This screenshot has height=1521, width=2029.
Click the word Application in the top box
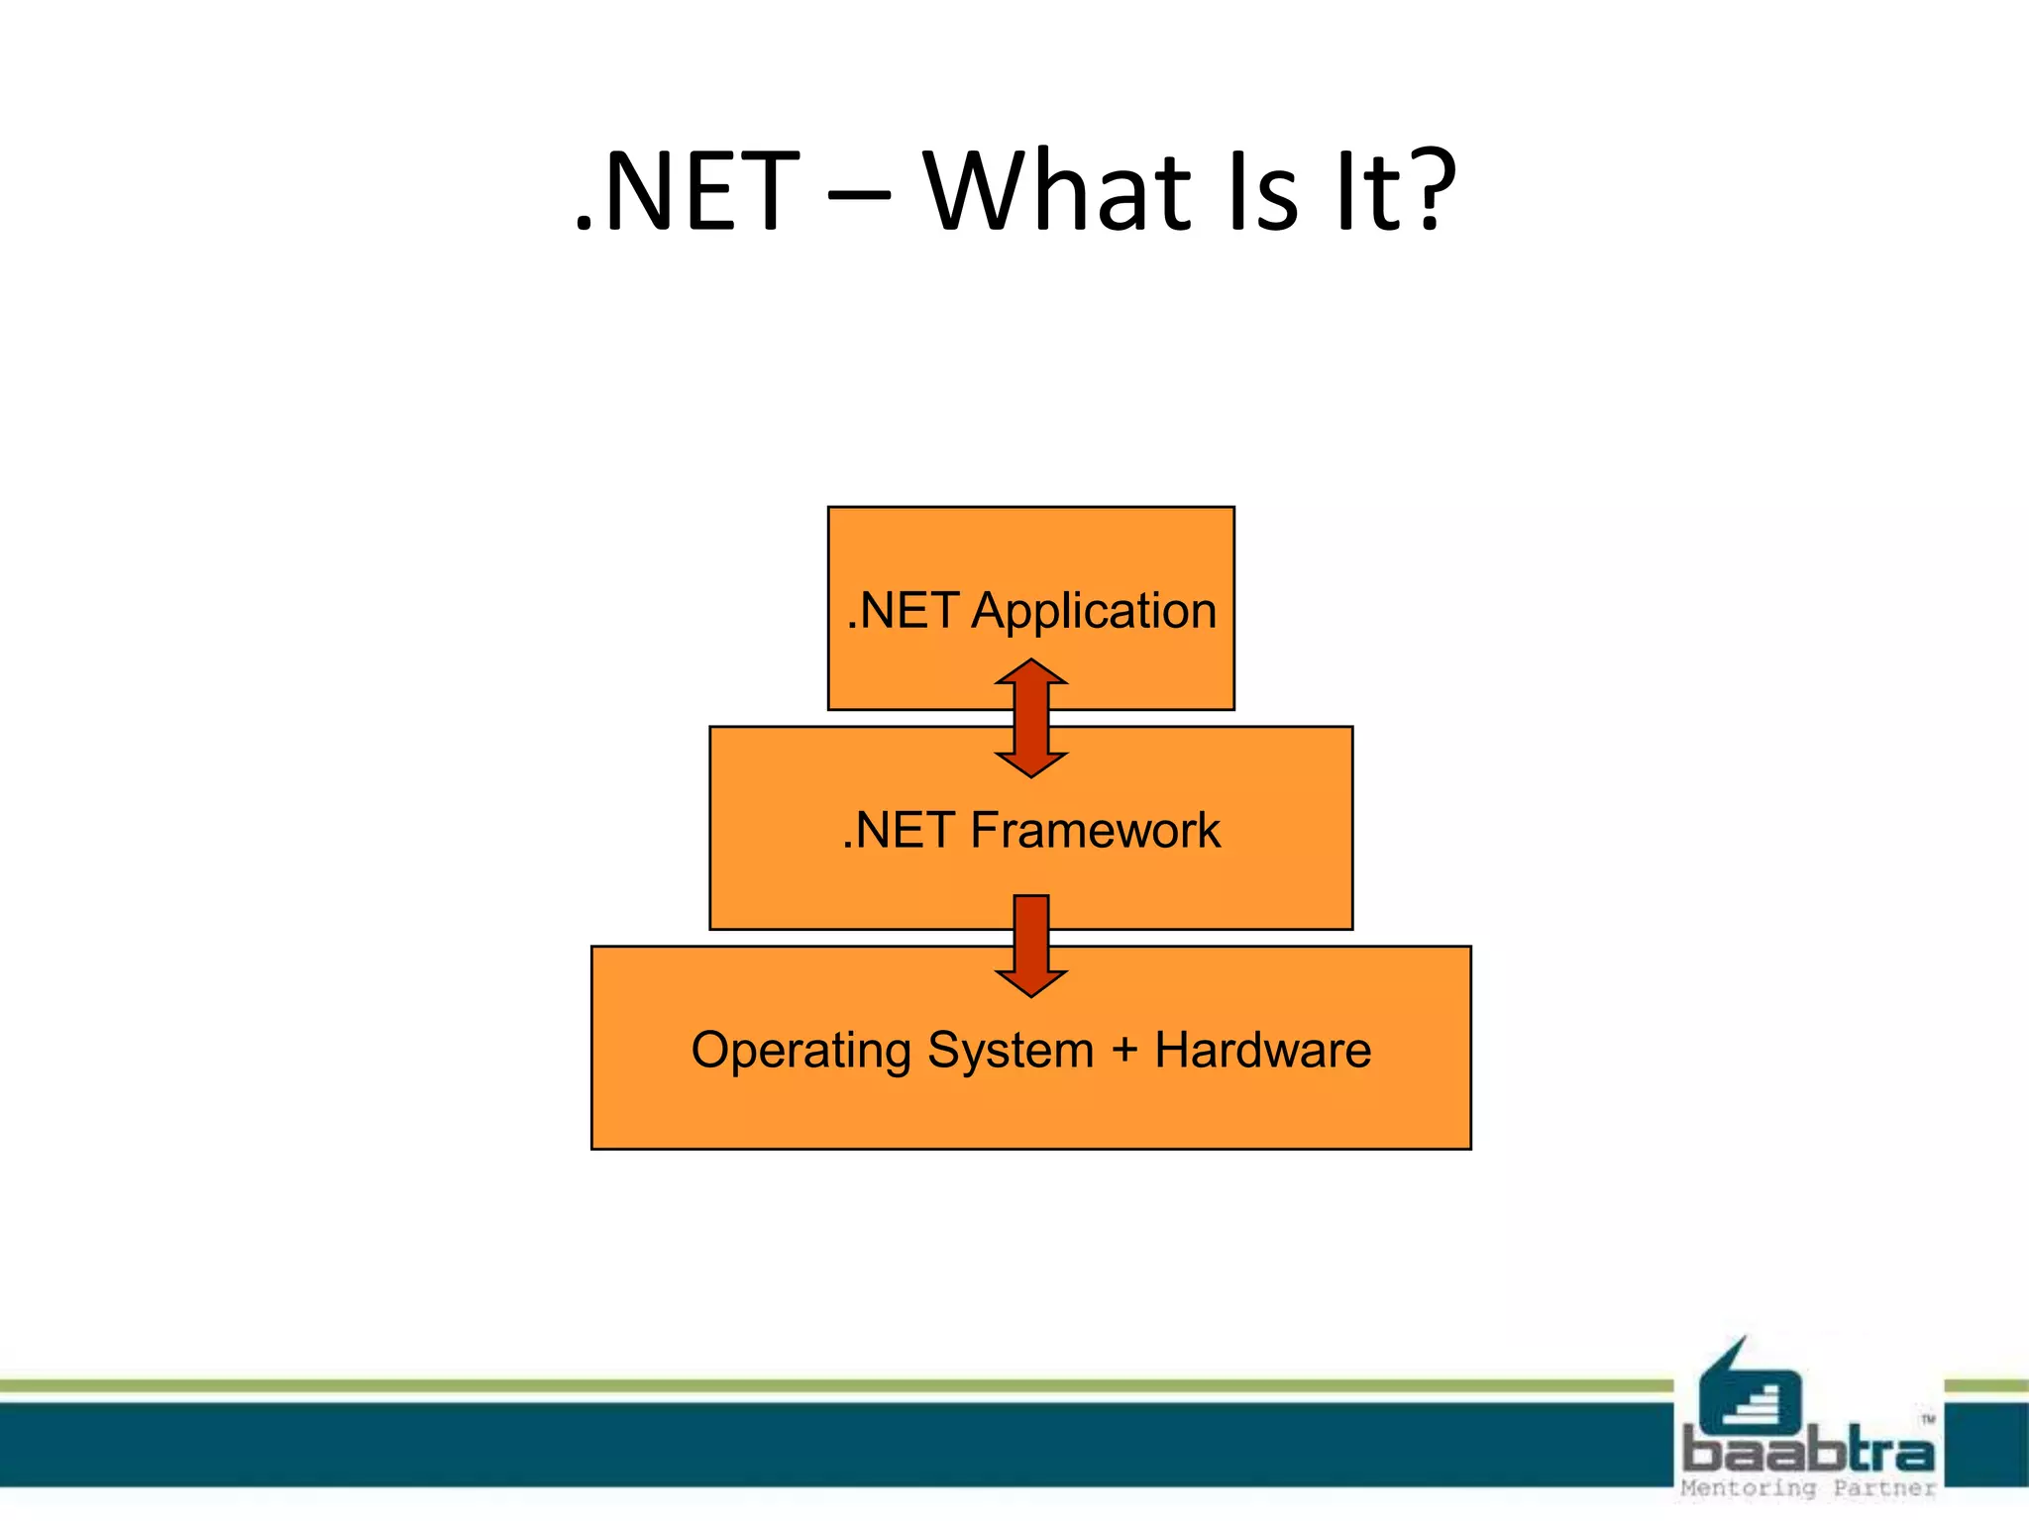pyautogui.click(x=1094, y=611)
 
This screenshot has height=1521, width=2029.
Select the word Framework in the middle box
pyautogui.click(x=1095, y=830)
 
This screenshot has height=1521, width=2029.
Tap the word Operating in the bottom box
pyautogui.click(x=801, y=1051)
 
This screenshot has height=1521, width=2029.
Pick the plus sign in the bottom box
pyautogui.click(x=1124, y=1050)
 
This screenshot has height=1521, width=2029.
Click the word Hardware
pyautogui.click(x=1263, y=1050)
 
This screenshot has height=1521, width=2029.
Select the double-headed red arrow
pyautogui.click(x=1031, y=718)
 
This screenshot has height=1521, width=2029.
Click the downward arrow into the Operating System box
pyautogui.click(x=1031, y=946)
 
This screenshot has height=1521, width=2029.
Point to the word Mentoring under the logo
pyautogui.click(x=1749, y=1488)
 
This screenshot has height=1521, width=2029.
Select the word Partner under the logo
pyautogui.click(x=1883, y=1488)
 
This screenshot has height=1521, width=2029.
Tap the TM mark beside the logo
pyautogui.click(x=1928, y=1419)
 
